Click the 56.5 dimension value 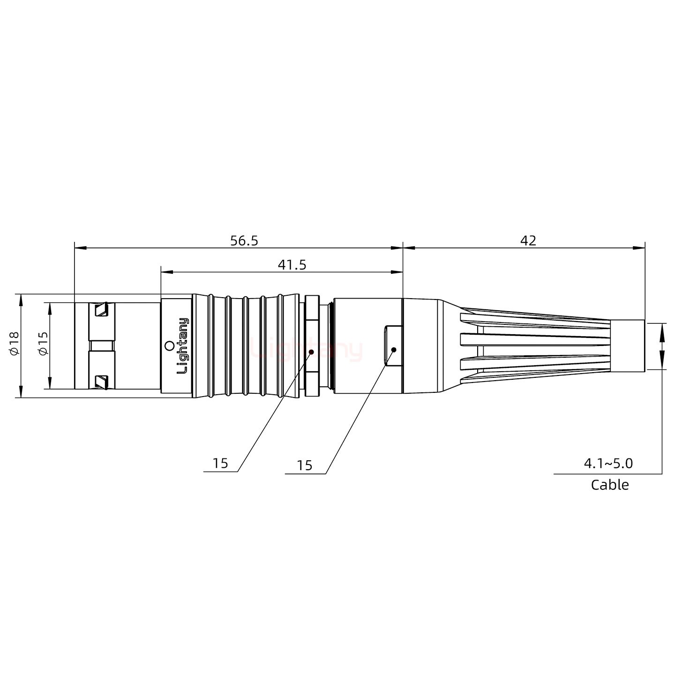coord(244,240)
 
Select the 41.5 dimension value coord(292,265)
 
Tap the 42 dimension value coord(528,240)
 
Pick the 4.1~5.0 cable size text coord(608,464)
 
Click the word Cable coord(609,485)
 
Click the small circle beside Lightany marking coord(169,346)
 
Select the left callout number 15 coord(220,463)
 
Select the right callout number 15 coord(304,465)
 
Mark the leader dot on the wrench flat coord(394,350)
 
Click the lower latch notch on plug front coord(101,382)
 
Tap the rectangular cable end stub coord(628,346)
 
